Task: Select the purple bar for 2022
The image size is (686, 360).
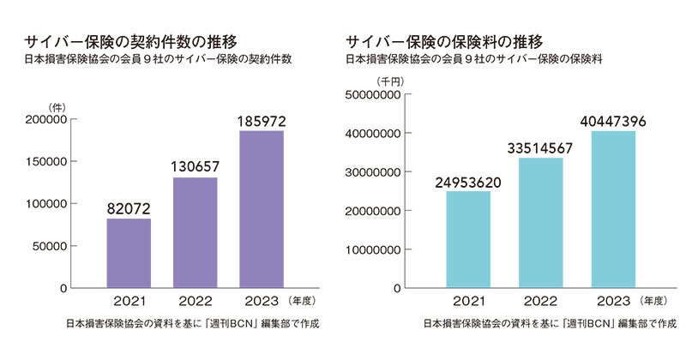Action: click(195, 232)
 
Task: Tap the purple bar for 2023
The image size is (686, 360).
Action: click(262, 209)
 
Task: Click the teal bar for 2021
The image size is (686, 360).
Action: click(468, 239)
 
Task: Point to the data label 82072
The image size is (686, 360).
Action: click(128, 207)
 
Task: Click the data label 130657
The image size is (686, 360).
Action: click(195, 165)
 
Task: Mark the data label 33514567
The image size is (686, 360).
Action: click(539, 147)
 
